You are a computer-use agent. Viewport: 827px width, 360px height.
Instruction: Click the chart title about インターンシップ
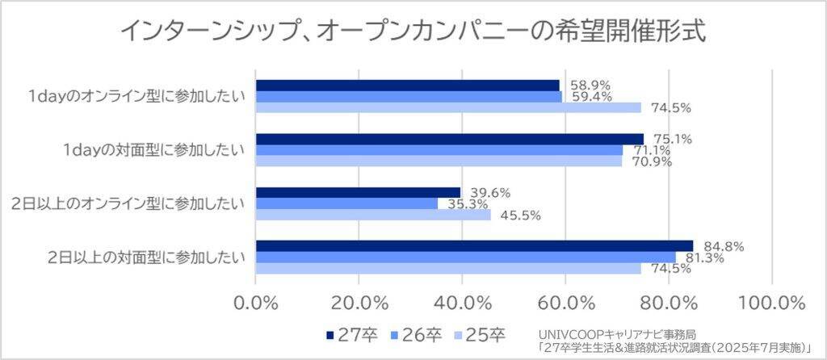[x=413, y=31]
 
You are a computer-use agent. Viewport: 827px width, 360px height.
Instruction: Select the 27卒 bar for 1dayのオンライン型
[x=407, y=86]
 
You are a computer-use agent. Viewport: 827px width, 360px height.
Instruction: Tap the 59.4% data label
[x=590, y=96]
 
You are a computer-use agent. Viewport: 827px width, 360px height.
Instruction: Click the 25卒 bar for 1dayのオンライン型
[x=448, y=107]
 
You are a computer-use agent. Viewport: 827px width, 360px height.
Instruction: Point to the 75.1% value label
[x=672, y=139]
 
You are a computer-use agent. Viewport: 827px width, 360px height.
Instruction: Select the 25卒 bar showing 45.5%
[x=372, y=215]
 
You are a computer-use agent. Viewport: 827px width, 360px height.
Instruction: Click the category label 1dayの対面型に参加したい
[x=154, y=150]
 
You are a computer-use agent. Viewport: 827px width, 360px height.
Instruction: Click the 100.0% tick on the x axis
[x=771, y=303]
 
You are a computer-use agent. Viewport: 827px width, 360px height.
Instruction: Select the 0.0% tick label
[x=256, y=303]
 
